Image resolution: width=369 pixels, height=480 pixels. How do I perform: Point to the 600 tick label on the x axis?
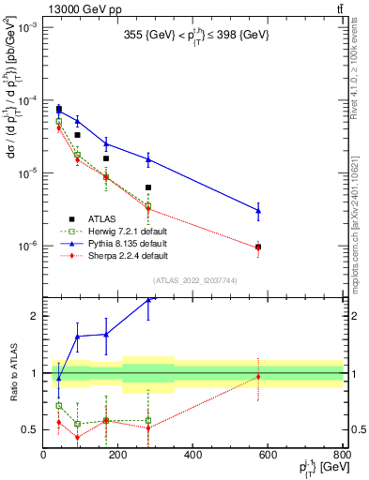pyautogui.click(x=268, y=456)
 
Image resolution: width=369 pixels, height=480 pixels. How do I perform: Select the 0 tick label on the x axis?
pyautogui.click(x=44, y=456)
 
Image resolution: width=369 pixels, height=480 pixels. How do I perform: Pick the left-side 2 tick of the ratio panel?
pyautogui.click(x=35, y=316)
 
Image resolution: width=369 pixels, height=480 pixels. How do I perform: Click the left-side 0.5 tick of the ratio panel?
pyautogui.click(x=31, y=429)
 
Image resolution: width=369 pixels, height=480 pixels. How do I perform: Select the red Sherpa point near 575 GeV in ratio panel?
pyautogui.click(x=258, y=377)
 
